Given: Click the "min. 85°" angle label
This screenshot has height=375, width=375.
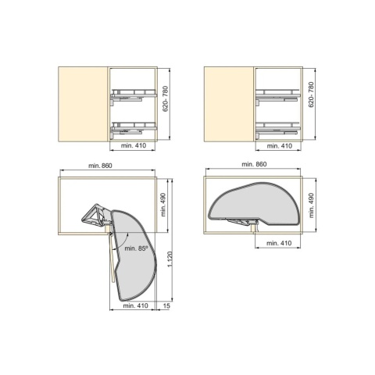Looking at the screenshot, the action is coord(136,248).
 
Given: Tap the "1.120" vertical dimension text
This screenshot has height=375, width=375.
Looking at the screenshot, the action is coord(170,259).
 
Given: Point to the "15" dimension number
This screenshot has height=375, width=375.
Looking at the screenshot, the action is coord(166,305).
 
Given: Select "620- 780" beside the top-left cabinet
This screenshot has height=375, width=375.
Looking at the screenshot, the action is coord(166,98).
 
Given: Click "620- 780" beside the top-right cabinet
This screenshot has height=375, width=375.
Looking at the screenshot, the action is coord(311,95).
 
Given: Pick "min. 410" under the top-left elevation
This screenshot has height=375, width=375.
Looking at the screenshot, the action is coord(134,145).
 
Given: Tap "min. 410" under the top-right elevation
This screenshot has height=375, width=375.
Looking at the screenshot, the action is coord(280,146).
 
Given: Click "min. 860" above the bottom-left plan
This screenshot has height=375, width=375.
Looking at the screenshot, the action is coord(100,166).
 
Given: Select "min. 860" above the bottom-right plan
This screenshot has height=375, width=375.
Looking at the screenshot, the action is coord(254,164).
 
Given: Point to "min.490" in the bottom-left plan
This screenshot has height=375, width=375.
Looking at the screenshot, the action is coord(163,205).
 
